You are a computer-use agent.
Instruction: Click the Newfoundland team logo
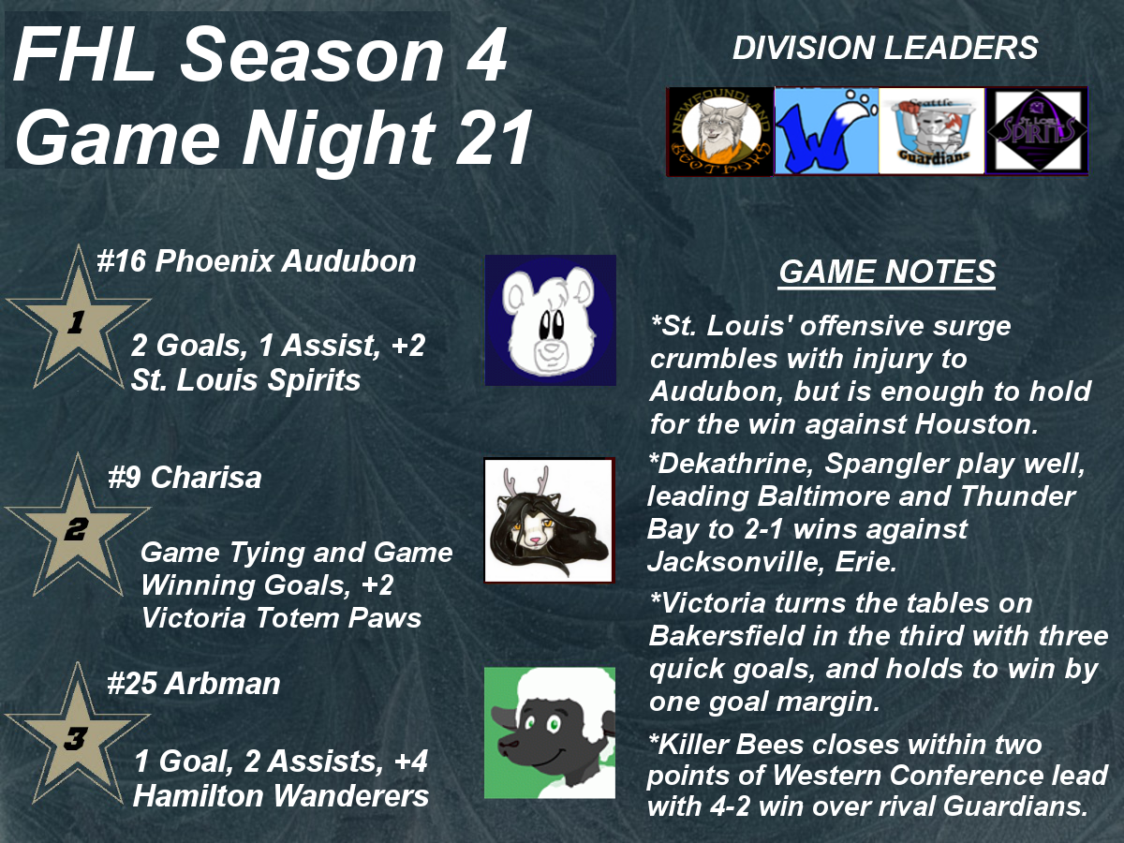click(720, 131)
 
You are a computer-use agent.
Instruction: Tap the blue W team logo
click(826, 131)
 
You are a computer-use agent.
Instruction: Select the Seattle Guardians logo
click(932, 131)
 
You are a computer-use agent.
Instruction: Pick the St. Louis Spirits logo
click(1037, 131)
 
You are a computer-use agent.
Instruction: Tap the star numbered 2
click(77, 526)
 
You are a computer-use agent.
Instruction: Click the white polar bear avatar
click(551, 320)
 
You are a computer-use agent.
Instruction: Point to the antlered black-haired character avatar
click(549, 521)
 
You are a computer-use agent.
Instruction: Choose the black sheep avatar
click(550, 733)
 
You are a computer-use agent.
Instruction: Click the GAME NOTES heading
click(887, 272)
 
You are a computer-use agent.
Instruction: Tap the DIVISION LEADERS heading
click(885, 48)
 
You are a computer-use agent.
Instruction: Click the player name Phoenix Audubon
click(286, 261)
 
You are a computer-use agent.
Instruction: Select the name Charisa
click(206, 478)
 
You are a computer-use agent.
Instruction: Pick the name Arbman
click(222, 684)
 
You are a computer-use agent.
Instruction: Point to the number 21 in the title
click(494, 139)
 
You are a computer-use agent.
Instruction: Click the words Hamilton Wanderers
click(281, 796)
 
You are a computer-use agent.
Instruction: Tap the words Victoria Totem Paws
click(281, 617)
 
